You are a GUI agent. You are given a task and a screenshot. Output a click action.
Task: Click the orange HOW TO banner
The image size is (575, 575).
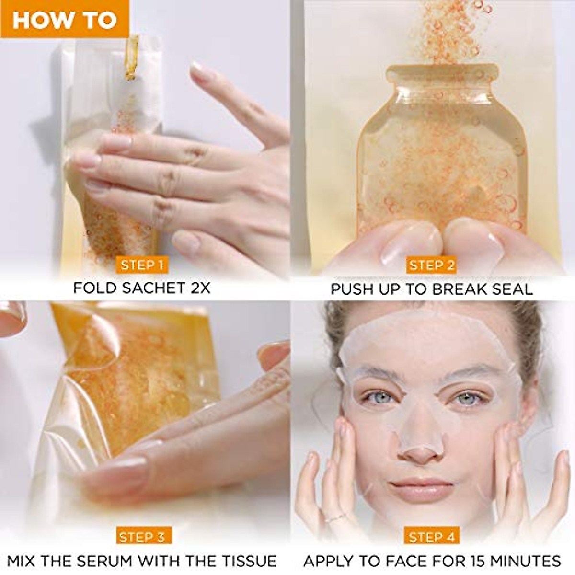click(x=64, y=19)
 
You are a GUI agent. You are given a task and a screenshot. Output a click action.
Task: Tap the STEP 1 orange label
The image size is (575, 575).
click(x=142, y=265)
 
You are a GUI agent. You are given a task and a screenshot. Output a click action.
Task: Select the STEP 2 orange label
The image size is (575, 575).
click(x=431, y=265)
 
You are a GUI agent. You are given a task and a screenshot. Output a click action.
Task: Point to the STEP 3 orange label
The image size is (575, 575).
click(x=142, y=537)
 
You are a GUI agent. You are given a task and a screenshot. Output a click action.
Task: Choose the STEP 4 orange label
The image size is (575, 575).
click(x=431, y=537)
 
